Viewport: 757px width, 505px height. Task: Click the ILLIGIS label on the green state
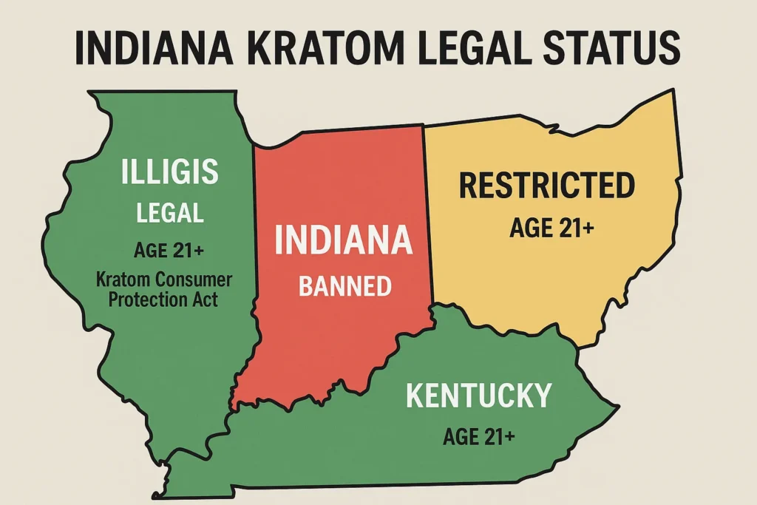click(x=170, y=172)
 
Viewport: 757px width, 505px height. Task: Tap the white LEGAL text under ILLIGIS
click(x=170, y=213)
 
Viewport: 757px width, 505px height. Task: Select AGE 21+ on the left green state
click(x=169, y=251)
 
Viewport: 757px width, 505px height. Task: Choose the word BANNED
click(x=344, y=285)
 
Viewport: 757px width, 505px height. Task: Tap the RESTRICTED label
click(x=547, y=185)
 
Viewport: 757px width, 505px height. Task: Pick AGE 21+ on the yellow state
click(x=551, y=228)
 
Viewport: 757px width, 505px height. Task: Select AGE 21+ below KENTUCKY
click(x=479, y=436)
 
